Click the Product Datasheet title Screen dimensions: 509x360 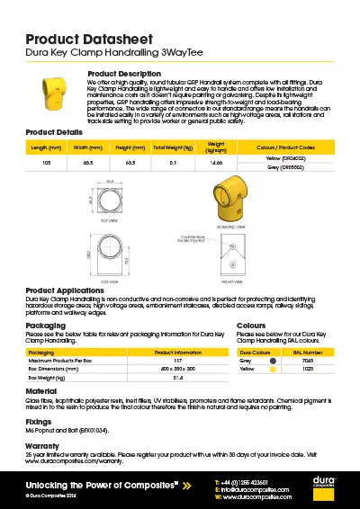[87, 39]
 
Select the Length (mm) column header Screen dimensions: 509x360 [46, 147]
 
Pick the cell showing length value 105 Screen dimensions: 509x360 [46, 164]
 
